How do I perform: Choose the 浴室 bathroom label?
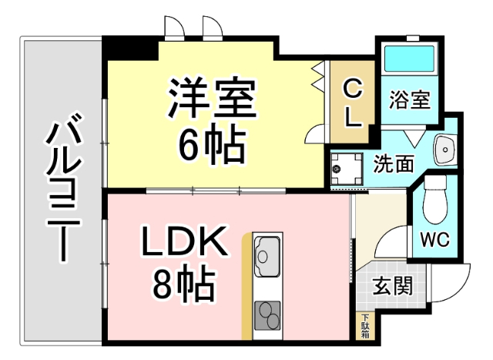pos(408,100)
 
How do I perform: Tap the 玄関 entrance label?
pos(392,286)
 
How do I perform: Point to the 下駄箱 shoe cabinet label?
pos(365,326)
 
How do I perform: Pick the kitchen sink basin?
pos(267,255)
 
